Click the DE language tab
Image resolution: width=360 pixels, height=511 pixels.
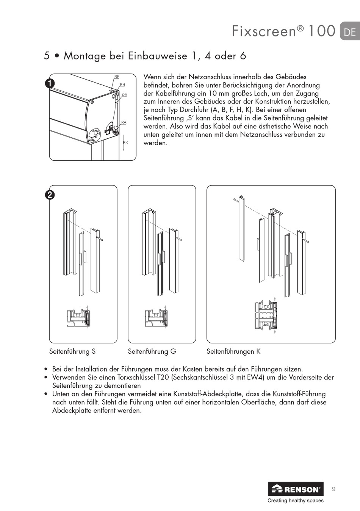coord(349,31)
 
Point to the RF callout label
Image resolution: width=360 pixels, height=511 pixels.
coord(117,77)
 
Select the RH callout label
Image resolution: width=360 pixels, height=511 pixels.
coord(122,85)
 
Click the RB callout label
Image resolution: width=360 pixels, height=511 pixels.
coord(125,95)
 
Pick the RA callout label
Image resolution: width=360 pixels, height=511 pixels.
coord(124,122)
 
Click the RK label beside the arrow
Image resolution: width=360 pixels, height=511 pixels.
coord(125,143)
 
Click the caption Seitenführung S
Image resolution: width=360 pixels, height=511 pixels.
coord(72,351)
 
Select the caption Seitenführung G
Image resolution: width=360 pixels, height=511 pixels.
coord(152,351)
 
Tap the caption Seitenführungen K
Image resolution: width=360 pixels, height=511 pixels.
coord(233,351)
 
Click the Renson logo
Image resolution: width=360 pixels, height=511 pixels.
coord(296,489)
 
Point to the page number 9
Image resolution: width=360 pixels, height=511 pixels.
coord(333,489)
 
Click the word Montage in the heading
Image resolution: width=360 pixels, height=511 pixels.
coord(85,56)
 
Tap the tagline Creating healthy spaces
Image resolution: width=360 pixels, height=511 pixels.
coord(296,501)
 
